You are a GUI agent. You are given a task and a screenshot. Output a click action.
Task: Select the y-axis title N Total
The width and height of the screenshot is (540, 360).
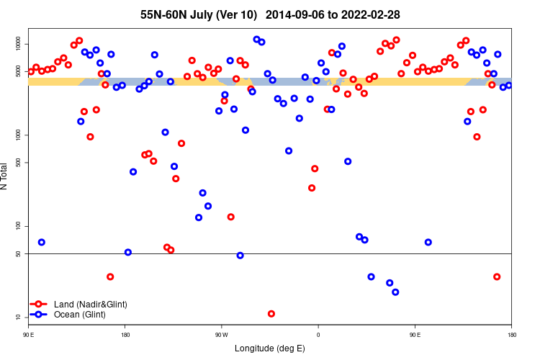coord(6,176)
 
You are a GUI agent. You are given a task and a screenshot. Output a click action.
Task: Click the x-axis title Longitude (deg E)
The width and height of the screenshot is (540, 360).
coord(269,348)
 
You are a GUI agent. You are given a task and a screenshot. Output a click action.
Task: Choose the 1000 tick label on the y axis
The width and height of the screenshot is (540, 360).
coord(20,135)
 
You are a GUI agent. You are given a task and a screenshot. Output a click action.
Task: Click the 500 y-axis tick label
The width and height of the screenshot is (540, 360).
coord(20,163)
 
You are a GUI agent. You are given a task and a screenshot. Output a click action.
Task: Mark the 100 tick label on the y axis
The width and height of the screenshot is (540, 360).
coord(20,226)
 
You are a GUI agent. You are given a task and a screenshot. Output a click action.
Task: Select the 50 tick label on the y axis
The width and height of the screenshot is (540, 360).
coord(20,253)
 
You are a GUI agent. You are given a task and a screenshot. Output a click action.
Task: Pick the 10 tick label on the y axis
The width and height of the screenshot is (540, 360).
coord(20,317)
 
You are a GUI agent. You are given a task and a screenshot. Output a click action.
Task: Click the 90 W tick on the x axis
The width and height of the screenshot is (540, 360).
coord(221,335)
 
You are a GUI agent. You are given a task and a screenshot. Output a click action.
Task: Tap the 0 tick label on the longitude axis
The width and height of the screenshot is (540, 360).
coord(318,335)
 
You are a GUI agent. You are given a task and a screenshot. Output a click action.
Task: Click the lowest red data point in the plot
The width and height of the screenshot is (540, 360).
coord(271,314)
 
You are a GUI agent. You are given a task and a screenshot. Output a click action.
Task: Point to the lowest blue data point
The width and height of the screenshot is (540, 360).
coord(395,292)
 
